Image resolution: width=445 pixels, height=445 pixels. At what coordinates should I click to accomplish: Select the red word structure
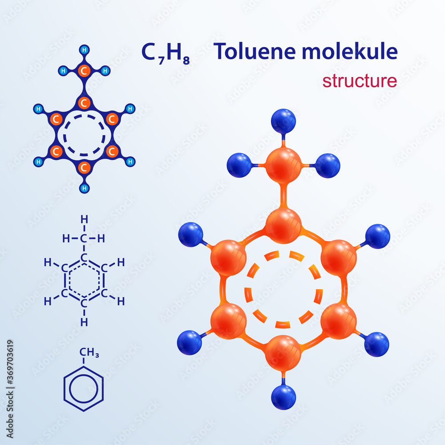(360, 81)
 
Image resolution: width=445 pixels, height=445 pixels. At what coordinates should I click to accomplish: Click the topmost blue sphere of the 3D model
(283, 121)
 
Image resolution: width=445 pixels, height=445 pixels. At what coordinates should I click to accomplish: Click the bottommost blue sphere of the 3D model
(283, 397)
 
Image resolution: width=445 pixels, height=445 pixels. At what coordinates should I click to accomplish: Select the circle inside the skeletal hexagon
(84, 388)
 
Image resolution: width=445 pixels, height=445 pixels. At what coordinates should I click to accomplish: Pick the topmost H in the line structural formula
(84, 219)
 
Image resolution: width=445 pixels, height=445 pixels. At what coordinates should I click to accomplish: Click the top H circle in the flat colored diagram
(84, 49)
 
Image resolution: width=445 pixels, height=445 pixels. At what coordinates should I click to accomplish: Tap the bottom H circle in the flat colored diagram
(84, 188)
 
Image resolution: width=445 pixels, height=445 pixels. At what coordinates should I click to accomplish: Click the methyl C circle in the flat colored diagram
(84, 70)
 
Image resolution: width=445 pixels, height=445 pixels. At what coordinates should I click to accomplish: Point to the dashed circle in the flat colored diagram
(84, 135)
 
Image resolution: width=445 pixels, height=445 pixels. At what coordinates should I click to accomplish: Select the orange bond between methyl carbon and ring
(283, 195)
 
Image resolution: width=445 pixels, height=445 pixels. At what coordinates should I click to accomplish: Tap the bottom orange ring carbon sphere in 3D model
(283, 352)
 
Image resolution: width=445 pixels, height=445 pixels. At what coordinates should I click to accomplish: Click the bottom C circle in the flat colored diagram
(84, 168)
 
